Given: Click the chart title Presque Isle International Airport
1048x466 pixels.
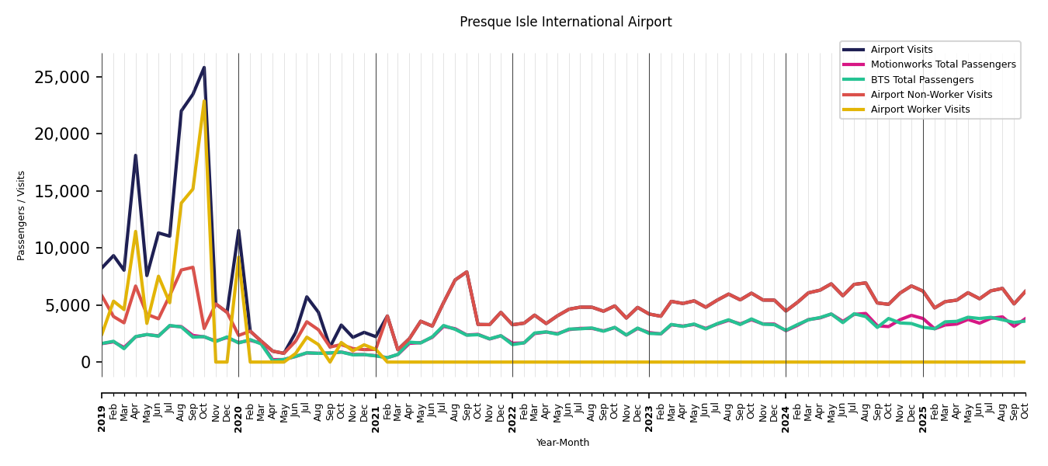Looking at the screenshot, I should point(565,23).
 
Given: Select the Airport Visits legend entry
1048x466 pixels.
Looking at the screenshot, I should point(901,50).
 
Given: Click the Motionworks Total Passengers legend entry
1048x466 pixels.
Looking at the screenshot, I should point(942,64).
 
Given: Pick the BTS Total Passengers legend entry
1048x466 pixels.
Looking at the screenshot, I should point(921,80).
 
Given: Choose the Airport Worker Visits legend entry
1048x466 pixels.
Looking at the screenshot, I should point(920,110).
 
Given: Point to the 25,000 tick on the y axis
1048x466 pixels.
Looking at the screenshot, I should point(62,77).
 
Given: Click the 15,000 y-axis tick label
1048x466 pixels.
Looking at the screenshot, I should point(62,191).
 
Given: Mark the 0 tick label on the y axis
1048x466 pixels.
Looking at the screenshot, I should point(85,363).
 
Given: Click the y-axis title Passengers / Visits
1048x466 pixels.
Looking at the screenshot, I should point(21,215).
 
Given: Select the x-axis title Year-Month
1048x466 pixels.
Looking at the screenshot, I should point(563,443).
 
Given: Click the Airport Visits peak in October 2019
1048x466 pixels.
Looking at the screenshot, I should point(204,68).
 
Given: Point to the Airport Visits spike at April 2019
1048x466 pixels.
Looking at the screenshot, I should point(135,155).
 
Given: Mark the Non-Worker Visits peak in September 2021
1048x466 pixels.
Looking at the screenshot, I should point(467,272).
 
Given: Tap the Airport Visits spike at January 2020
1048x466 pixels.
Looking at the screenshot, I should point(238,231).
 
